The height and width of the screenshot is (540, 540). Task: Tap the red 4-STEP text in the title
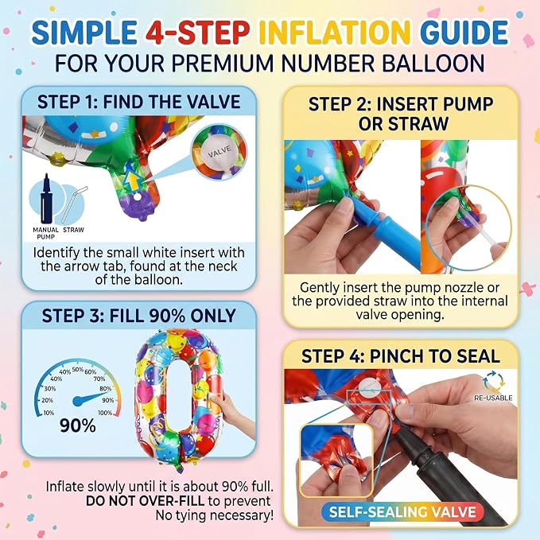pyautogui.click(x=197, y=33)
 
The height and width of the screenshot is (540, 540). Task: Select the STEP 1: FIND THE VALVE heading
pyautogui.click(x=139, y=102)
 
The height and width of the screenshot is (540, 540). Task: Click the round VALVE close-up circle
pyautogui.click(x=219, y=152)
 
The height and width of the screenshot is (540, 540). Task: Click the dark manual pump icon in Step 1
pyautogui.click(x=46, y=199)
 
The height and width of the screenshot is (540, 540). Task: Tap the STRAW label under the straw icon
pyautogui.click(x=73, y=230)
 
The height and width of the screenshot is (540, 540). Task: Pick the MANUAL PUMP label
pyautogui.click(x=46, y=233)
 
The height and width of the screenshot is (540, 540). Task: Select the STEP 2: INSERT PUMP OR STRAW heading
pyautogui.click(x=401, y=114)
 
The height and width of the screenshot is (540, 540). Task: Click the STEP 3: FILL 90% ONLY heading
pyautogui.click(x=139, y=316)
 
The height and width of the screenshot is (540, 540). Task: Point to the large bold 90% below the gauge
pyautogui.click(x=78, y=426)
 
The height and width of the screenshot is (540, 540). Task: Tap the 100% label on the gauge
pyautogui.click(x=105, y=413)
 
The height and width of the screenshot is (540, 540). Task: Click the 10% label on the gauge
pyautogui.click(x=49, y=413)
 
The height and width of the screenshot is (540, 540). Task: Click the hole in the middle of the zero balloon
pyautogui.click(x=179, y=397)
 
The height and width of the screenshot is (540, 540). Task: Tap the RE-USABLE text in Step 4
pyautogui.click(x=493, y=398)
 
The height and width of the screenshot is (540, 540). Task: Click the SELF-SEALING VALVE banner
pyautogui.click(x=402, y=512)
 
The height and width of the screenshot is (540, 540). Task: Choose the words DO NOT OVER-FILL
pyautogui.click(x=145, y=501)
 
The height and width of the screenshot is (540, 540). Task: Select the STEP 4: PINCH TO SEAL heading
pyautogui.click(x=401, y=356)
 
